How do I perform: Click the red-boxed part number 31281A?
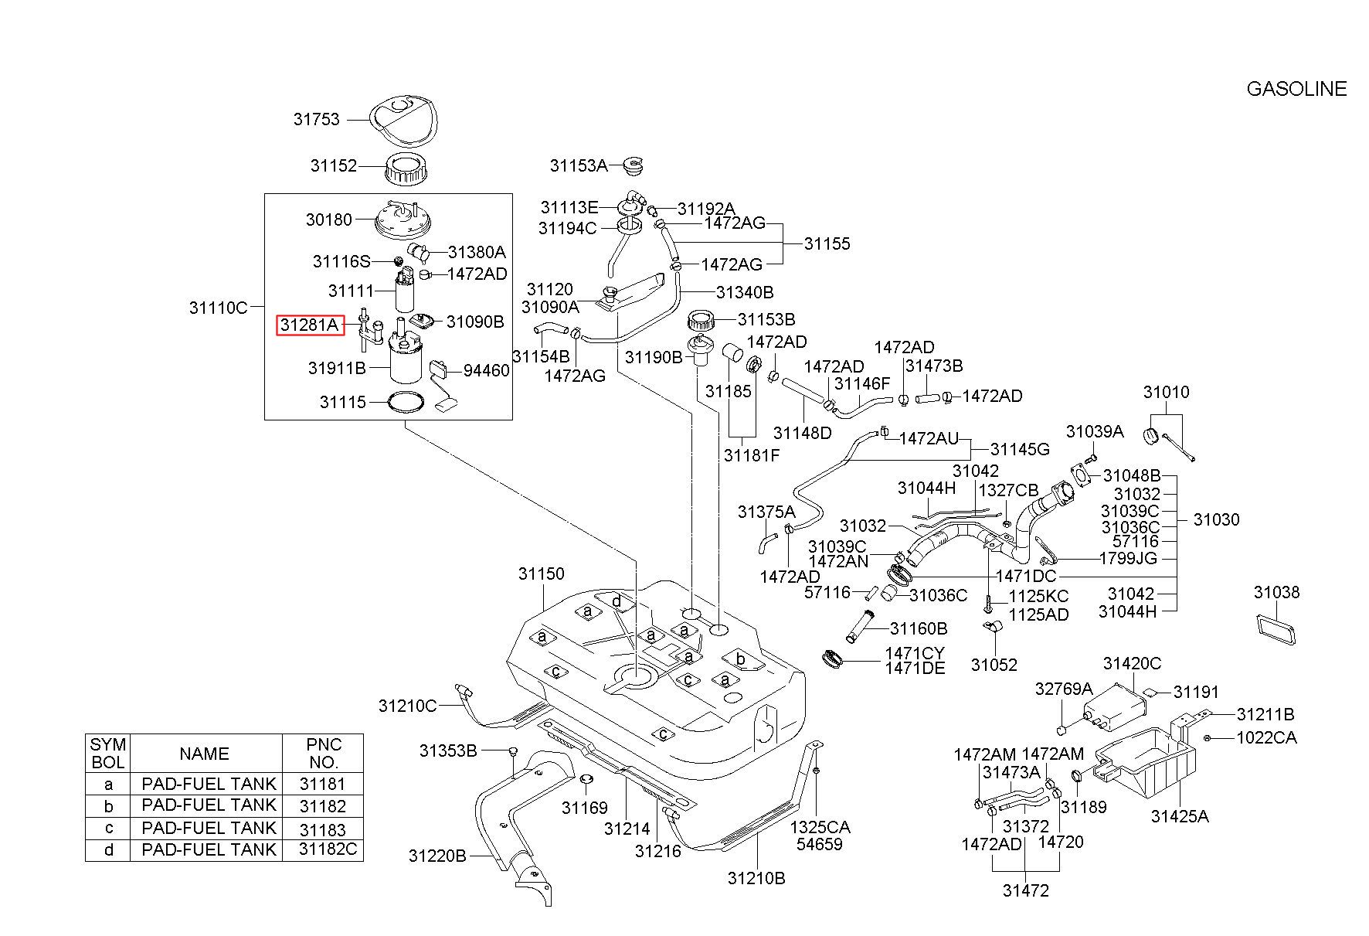(310, 325)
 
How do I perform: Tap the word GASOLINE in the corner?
(1296, 89)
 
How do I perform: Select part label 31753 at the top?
(317, 120)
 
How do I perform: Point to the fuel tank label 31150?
(542, 574)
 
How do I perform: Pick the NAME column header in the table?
(205, 754)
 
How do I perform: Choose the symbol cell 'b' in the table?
(109, 806)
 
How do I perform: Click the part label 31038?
(1277, 592)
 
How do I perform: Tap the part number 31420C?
(1132, 663)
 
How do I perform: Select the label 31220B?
(437, 856)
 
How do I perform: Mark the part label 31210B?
(756, 878)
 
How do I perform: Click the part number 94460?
(487, 371)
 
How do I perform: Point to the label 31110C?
(218, 308)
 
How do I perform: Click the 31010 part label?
(1167, 392)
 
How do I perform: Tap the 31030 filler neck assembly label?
(1216, 519)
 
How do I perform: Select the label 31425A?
(1180, 815)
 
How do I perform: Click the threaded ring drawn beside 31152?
(407, 169)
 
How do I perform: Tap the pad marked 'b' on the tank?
(740, 659)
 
